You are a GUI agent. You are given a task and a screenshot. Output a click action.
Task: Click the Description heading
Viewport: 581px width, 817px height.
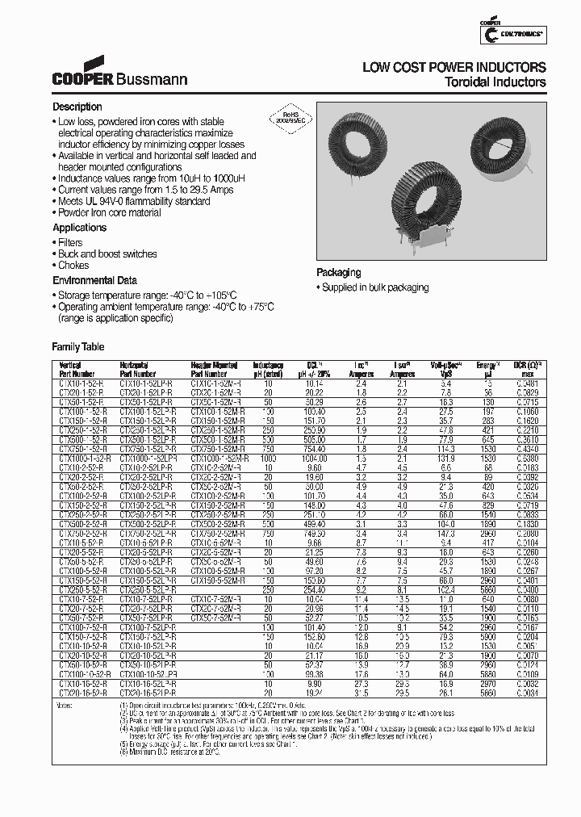pos(77,107)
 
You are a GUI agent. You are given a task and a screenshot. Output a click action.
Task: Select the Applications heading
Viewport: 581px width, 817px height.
pos(80,228)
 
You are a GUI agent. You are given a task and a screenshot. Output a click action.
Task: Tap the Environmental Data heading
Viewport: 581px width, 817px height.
pos(95,279)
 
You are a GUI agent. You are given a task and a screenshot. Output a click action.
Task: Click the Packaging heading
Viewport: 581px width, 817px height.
pos(338,273)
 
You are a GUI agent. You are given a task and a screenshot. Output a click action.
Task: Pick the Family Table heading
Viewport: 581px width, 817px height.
pos(78,346)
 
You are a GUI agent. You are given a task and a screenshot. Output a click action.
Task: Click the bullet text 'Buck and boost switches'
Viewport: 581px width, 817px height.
pos(107,253)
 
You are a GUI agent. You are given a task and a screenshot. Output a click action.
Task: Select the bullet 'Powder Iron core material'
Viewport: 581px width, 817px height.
pos(109,212)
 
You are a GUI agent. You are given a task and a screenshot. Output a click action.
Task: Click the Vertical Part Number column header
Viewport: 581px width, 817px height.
pos(77,370)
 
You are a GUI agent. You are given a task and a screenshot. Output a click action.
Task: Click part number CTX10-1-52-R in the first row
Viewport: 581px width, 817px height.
pos(82,383)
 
